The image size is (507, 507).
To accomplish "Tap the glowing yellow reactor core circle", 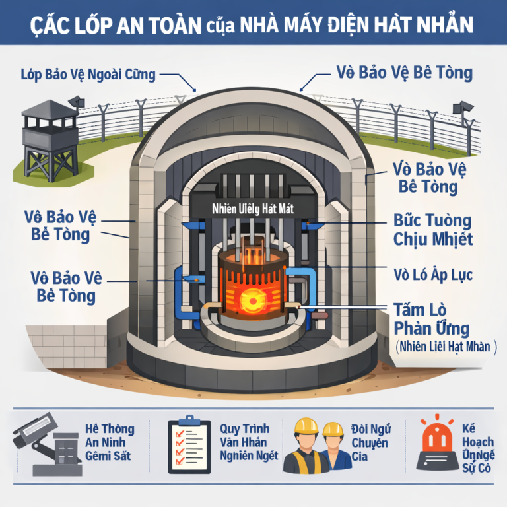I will tap(252, 303).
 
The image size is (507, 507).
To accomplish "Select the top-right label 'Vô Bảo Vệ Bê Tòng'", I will tap(404, 72).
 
